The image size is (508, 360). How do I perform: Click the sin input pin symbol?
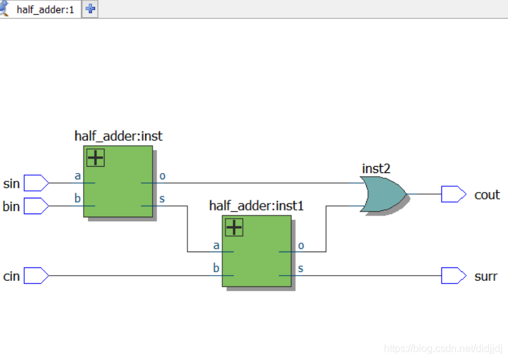point(36,183)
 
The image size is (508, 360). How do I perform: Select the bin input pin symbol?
point(36,206)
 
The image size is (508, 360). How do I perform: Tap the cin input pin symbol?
point(36,276)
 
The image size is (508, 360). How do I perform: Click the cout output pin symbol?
point(454,194)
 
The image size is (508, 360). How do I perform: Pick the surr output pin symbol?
point(454,276)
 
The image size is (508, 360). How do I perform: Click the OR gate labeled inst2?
point(383,194)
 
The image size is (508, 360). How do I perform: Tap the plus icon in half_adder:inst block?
point(96,158)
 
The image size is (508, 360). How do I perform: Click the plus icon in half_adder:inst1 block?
point(234,228)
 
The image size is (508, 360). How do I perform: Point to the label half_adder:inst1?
point(257,206)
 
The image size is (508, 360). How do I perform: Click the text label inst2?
point(376,169)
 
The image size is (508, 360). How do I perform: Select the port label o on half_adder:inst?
point(162,176)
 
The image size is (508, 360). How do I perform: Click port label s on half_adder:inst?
point(162,198)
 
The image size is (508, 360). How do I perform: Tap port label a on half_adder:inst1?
point(216,246)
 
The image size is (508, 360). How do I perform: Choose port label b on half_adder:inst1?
point(216,268)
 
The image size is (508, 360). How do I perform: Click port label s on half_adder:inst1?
point(301,268)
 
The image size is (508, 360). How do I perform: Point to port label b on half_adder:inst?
point(77,198)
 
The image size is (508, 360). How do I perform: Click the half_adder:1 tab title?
point(46,10)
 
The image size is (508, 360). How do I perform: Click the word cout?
point(487,195)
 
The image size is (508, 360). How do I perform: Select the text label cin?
point(11,276)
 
